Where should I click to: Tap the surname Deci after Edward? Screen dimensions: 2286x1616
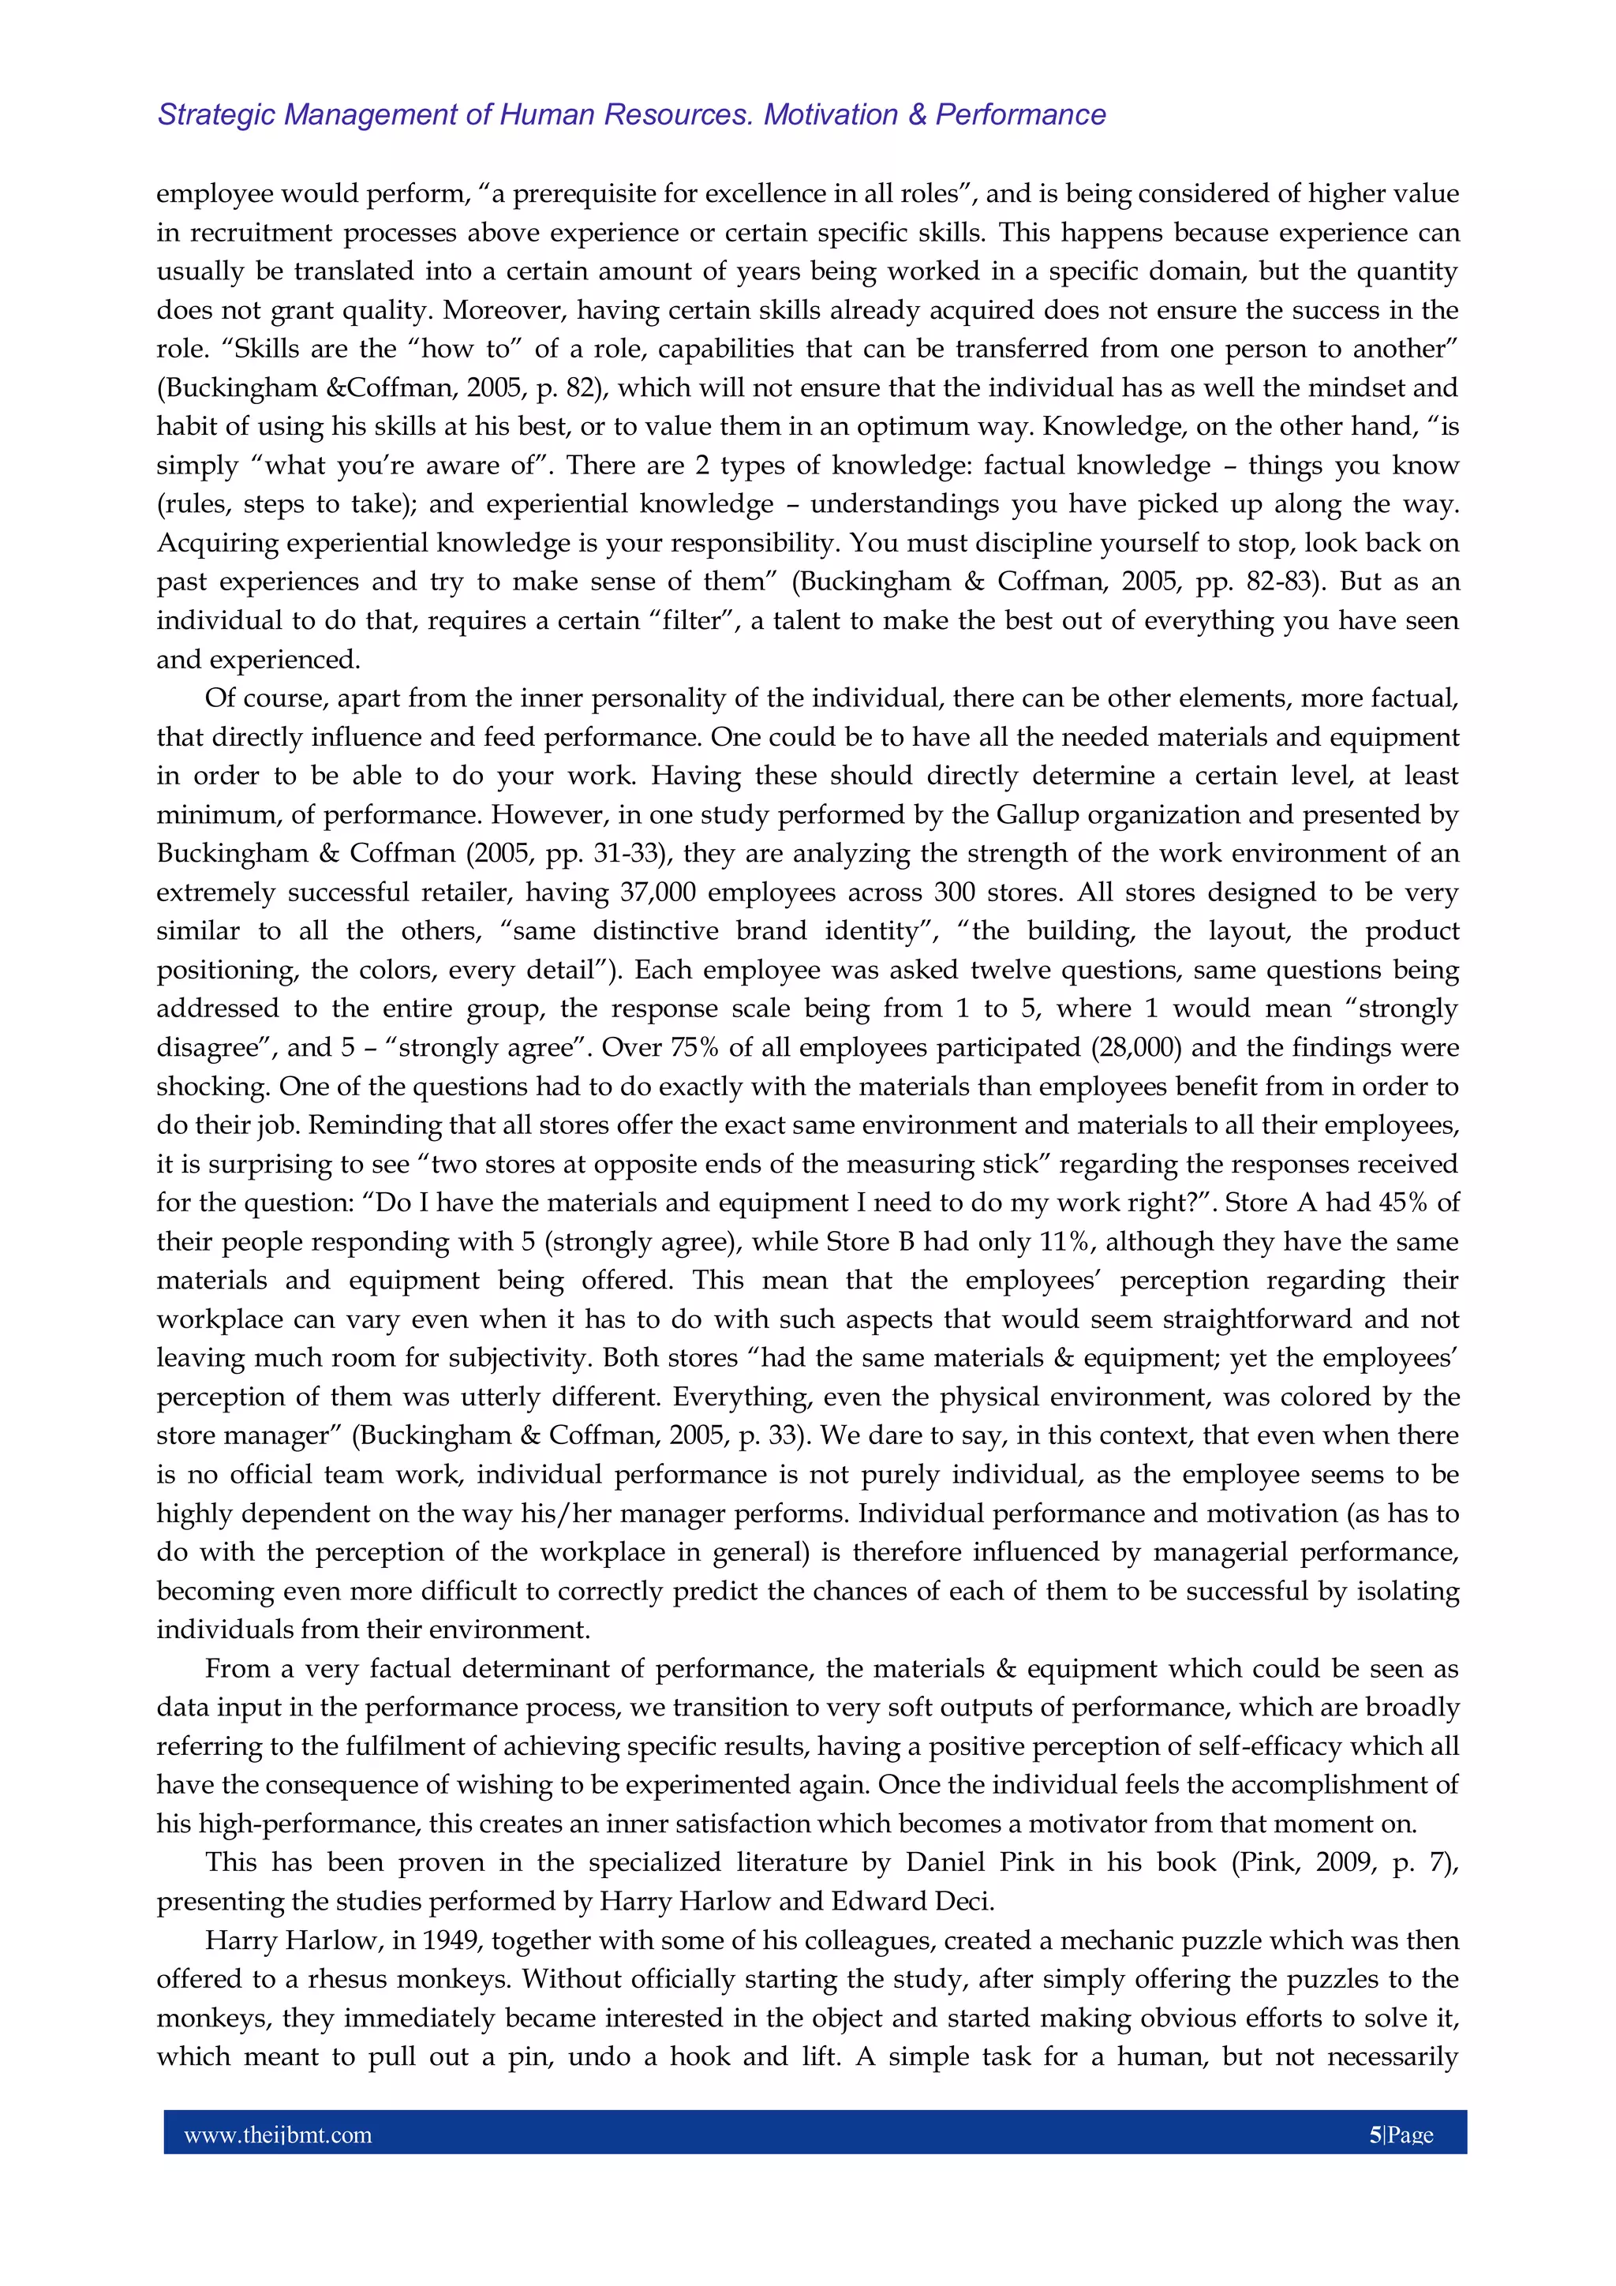963,1902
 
